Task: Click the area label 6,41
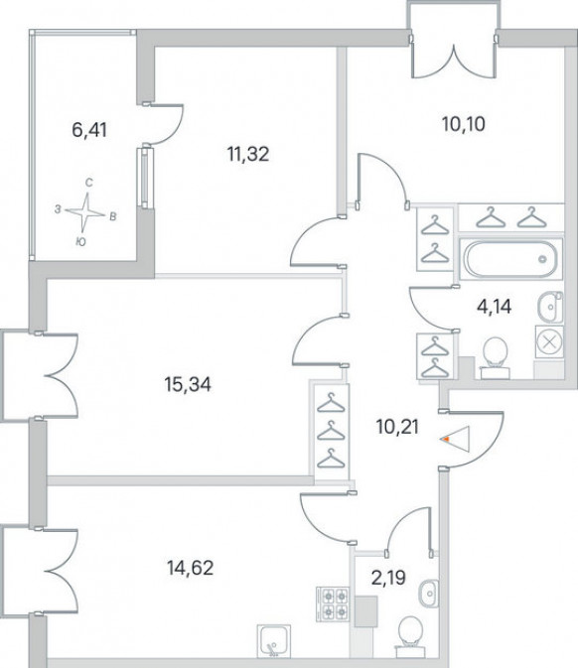(89, 130)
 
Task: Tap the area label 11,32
(248, 154)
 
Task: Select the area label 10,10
(464, 124)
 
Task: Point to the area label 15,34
(188, 385)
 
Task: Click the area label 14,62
(190, 568)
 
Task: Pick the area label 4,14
(495, 307)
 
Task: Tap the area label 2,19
(388, 578)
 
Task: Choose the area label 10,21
(397, 427)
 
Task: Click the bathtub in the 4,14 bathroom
(510, 259)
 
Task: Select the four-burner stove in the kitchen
(333, 603)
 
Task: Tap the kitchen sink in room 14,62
(274, 641)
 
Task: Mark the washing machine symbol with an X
(550, 342)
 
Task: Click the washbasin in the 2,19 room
(427, 593)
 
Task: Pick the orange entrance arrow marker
(446, 439)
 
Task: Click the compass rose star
(85, 212)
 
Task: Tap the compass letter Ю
(80, 242)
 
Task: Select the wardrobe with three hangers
(331, 431)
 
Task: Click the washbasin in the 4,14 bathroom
(550, 307)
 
